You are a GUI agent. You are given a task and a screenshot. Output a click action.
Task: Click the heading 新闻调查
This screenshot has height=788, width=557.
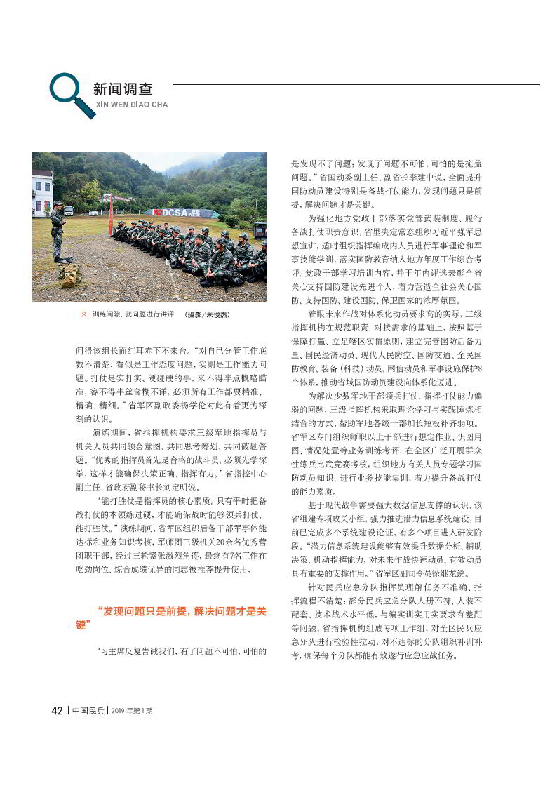[123, 89]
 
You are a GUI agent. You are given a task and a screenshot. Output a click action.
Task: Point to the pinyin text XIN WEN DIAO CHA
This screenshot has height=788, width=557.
[131, 105]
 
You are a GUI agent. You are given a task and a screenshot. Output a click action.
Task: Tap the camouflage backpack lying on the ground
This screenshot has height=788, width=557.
[69, 274]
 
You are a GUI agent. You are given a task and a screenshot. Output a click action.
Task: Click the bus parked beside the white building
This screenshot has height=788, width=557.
[68, 210]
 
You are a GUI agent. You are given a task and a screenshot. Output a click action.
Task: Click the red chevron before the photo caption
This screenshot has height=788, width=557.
[84, 315]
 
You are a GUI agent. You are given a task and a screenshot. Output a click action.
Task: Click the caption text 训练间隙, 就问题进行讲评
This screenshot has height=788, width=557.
[133, 315]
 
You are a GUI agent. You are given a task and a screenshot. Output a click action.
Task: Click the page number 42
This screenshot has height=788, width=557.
[58, 710]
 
